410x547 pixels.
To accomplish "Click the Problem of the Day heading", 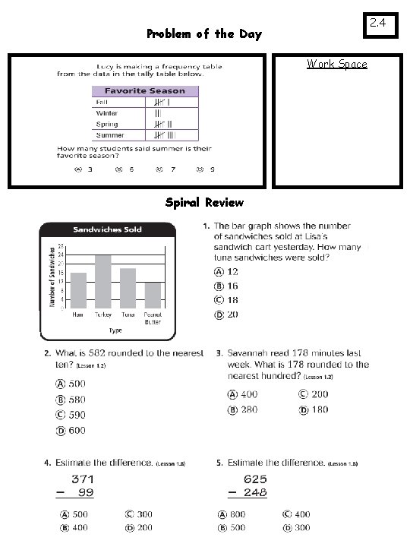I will (203, 33).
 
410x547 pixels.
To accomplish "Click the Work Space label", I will (336, 64).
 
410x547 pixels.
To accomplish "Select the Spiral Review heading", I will (204, 202).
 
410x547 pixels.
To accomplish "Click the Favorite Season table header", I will (144, 91).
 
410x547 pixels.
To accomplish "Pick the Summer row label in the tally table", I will (110, 134).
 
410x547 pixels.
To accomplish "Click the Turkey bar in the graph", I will (103, 281).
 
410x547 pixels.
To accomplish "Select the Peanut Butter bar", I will (153, 295).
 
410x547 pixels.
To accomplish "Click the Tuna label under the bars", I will (128, 314).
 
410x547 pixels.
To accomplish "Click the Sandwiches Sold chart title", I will (107, 229).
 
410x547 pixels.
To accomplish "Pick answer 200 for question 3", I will (318, 394).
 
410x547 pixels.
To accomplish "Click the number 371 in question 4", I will (83, 479).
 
